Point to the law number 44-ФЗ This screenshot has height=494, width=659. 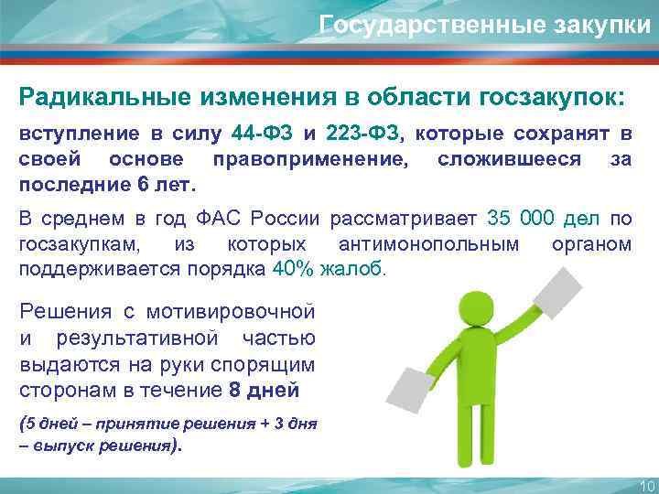tap(263, 134)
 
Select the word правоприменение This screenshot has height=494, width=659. tap(311, 158)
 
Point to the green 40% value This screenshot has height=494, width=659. tap(294, 270)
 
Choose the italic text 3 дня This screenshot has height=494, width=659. tap(287, 425)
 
